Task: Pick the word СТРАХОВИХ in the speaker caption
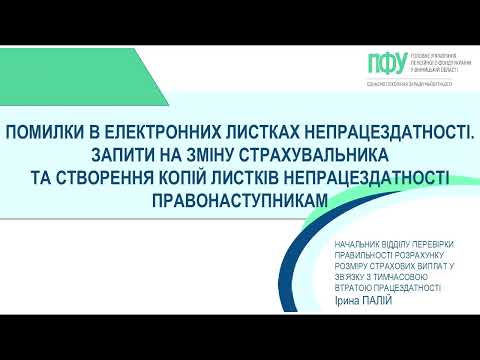coord(391,267)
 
